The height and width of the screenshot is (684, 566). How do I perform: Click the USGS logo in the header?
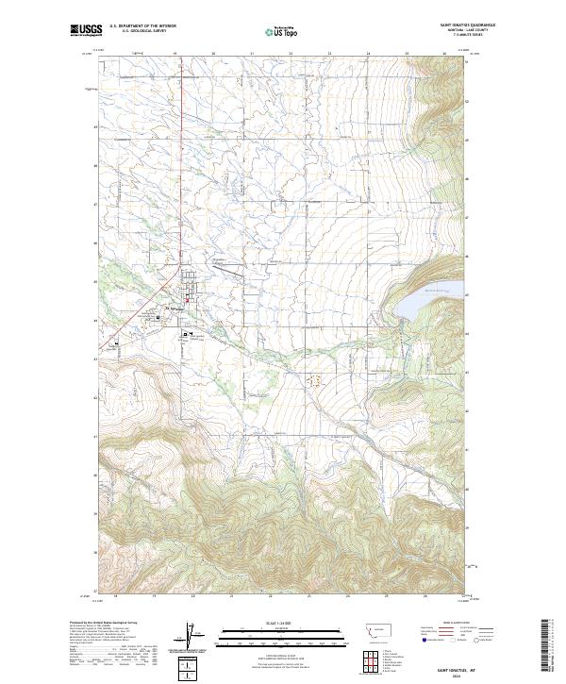tap(88, 30)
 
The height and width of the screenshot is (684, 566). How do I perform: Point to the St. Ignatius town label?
tap(175, 308)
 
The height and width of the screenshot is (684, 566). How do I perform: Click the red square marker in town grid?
tap(187, 301)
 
